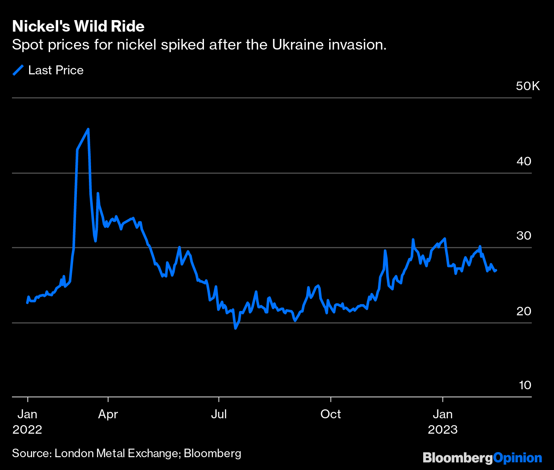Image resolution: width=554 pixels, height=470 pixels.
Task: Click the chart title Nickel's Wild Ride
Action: point(78,26)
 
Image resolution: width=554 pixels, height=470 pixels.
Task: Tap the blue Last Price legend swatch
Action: point(18,70)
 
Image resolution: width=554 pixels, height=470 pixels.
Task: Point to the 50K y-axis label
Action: point(528,86)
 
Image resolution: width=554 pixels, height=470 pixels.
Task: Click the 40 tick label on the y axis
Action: point(524,162)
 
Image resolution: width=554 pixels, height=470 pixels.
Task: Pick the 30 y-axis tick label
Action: point(524,236)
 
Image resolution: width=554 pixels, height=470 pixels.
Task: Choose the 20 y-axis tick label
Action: point(524,311)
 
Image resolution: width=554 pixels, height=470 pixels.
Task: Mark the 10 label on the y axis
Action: point(525,385)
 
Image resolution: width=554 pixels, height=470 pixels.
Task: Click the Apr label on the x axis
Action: point(108,414)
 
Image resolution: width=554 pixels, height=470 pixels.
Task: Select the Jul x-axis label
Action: point(218,414)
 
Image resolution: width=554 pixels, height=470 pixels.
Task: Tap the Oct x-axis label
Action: point(330,414)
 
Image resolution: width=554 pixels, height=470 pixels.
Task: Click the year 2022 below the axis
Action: point(27,429)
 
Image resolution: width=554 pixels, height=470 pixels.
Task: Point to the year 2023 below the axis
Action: point(443,429)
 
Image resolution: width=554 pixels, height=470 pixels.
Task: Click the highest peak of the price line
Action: point(88,129)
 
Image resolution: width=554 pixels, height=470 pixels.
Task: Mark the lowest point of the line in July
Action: point(235,328)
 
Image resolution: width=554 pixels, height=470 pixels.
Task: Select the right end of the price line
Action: point(496,270)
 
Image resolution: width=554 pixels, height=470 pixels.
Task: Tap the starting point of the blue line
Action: point(27,303)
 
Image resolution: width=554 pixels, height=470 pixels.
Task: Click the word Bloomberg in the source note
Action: point(212,453)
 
